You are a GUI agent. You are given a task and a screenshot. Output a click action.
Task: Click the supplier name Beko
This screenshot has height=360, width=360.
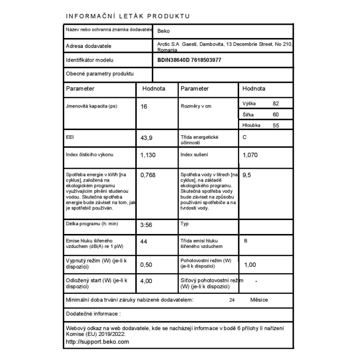164,31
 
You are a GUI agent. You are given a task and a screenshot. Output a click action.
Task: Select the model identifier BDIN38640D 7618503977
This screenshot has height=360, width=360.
189,60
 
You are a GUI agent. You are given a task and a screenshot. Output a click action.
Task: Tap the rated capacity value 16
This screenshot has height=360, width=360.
144,107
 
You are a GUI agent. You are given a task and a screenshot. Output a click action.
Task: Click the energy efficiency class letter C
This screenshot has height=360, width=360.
245,137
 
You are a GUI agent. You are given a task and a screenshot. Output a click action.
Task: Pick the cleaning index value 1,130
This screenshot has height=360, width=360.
148,154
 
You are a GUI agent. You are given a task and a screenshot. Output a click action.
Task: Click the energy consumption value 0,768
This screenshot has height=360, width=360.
148,175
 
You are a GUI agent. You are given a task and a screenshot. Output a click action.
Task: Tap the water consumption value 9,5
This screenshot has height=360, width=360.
247,175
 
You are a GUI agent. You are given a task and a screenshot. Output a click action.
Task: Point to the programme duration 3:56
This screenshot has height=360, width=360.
146,225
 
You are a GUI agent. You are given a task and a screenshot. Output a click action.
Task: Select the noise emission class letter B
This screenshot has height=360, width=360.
245,241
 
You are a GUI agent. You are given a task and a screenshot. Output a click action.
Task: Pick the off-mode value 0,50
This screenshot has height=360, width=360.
147,264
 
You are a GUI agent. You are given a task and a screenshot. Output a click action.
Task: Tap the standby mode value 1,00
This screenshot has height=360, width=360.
249,264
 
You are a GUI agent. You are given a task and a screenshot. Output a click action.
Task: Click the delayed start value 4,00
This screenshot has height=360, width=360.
147,281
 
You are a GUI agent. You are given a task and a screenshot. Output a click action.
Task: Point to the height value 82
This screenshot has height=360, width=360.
276,103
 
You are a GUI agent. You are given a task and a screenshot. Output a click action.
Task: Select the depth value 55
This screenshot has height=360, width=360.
276,125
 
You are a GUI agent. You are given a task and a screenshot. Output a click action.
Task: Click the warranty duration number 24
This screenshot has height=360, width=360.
232,300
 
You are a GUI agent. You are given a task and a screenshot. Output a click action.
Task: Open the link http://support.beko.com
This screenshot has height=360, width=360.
98,341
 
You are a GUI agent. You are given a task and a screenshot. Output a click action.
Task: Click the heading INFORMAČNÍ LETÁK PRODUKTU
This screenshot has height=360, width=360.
128,16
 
